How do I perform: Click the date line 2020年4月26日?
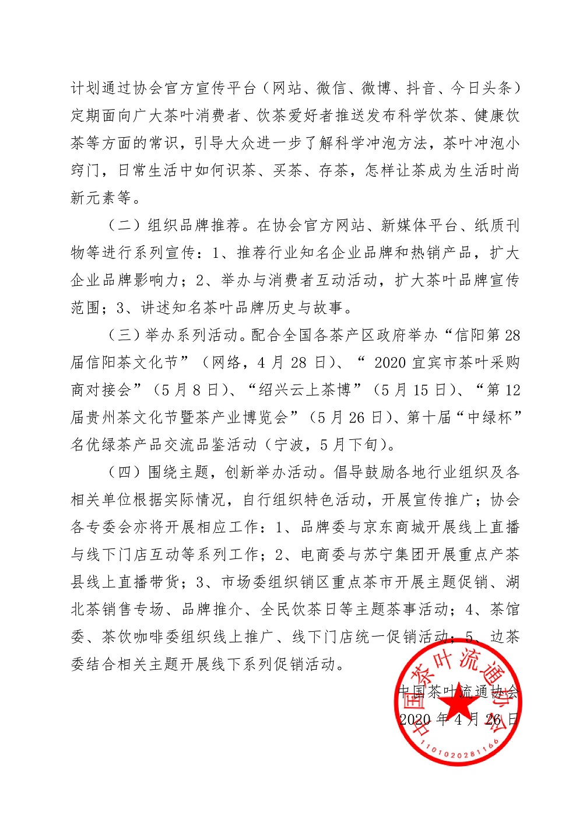coord(459,719)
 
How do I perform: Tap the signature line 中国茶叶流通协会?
coord(459,691)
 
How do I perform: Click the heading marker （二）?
coord(125,226)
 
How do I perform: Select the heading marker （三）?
coord(125,335)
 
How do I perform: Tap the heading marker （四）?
coord(125,473)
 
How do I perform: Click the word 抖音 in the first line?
coord(421,89)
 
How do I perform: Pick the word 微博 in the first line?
coord(376,89)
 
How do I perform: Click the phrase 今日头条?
coord(482,89)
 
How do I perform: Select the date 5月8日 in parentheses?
coord(192,390)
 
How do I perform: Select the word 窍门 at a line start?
coord(85,171)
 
